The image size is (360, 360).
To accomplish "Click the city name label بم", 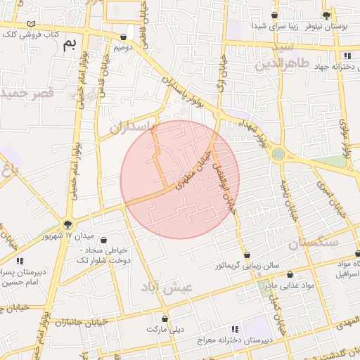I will click(x=69, y=45).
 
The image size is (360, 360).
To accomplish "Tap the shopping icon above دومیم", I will click(x=124, y=37).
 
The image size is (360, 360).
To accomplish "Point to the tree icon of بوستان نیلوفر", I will click(x=326, y=15).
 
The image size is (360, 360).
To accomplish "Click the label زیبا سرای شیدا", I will click(x=244, y=25).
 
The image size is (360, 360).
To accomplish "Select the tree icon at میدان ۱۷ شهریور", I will click(x=67, y=225).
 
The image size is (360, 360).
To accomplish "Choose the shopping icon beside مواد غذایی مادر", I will click(x=290, y=275).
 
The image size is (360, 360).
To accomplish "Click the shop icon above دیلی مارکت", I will click(x=165, y=319).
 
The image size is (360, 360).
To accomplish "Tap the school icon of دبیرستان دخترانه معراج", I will click(x=235, y=328).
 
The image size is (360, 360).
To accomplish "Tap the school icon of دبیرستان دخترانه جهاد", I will click(x=347, y=56).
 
